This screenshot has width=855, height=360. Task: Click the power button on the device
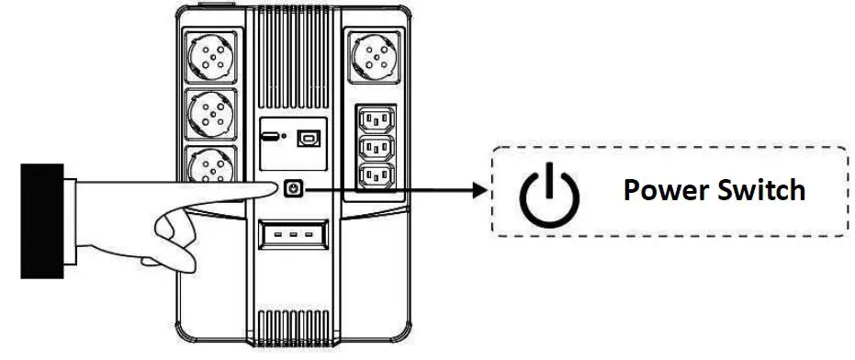coord(293,188)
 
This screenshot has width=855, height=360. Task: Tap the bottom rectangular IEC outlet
coord(376,175)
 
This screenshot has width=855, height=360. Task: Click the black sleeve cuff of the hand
coord(42,219)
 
